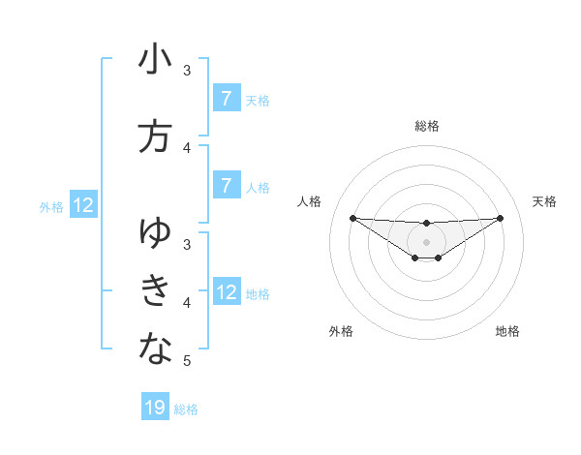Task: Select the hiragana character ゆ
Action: (155, 232)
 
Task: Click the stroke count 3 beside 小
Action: (187, 71)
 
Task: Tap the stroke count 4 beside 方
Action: (187, 148)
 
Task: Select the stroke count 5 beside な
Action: (187, 361)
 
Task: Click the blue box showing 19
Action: (155, 409)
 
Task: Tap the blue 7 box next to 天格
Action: (226, 99)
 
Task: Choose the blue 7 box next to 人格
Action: (226, 186)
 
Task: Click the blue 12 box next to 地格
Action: (226, 292)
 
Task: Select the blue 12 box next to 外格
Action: (82, 205)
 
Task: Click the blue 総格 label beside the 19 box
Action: (186, 409)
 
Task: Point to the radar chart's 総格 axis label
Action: (427, 126)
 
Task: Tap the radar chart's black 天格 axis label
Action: (545, 201)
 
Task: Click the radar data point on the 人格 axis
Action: (352, 218)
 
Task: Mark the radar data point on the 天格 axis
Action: (501, 218)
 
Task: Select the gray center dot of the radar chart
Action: (427, 241)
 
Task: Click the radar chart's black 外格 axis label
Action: (341, 331)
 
